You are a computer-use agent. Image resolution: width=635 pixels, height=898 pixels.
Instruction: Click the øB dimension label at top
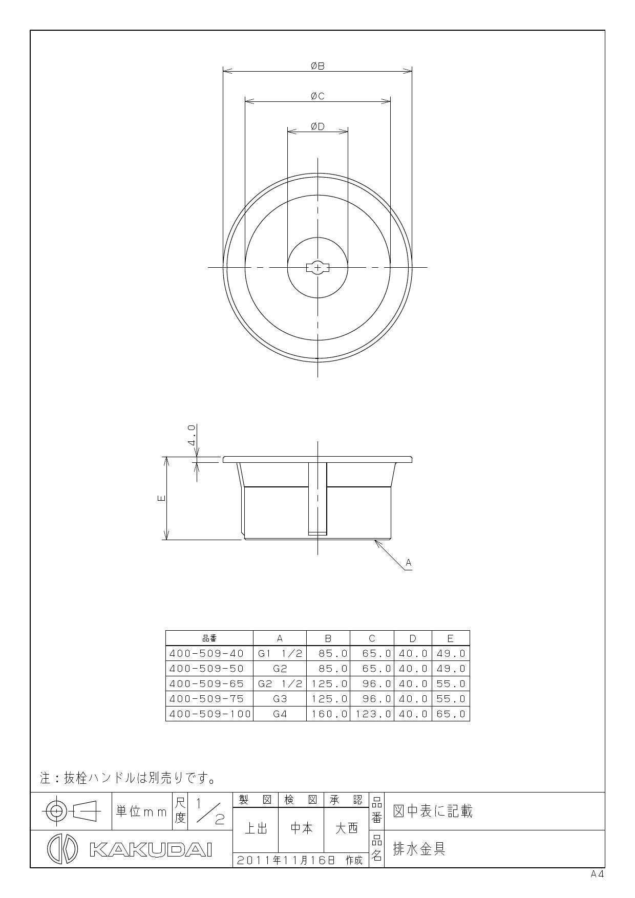click(317, 66)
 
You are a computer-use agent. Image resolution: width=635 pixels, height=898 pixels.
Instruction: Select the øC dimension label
click(317, 96)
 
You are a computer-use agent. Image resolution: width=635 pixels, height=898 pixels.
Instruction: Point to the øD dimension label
click(317, 126)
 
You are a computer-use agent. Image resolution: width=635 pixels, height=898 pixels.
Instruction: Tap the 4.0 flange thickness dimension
click(192, 435)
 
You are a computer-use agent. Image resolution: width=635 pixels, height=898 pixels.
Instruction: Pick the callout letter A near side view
click(408, 563)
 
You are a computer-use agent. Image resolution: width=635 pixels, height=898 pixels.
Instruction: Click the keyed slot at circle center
click(317, 267)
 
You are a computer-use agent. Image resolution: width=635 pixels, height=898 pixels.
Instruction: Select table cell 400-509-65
click(206, 683)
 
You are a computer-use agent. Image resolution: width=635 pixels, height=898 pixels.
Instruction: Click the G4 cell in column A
click(280, 714)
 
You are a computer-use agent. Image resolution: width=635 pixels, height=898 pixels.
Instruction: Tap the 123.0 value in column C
click(373, 714)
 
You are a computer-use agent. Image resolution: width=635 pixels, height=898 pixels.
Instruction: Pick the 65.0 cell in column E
click(451, 714)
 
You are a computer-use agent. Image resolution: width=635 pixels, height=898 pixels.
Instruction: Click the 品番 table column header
click(209, 638)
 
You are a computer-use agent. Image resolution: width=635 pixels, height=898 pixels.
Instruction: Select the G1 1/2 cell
click(280, 653)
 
